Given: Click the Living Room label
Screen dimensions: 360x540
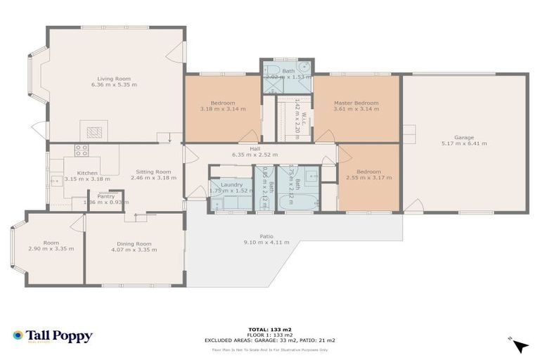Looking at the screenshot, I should point(114,78).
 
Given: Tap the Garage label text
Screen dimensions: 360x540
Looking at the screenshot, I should point(463,137).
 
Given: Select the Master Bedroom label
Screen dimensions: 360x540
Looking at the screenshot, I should point(356,103).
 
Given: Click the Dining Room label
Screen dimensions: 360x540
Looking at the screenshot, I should point(134,243).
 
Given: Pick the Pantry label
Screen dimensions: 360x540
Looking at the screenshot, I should point(105,196).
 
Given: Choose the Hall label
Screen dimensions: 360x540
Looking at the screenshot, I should point(255,148).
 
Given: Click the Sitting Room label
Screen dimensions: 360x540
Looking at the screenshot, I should point(153,172).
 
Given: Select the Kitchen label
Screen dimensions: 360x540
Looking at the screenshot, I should point(87,172).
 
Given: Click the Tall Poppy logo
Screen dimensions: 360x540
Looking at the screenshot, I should point(53,336).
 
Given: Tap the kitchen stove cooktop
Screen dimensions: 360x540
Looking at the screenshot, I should point(81,150).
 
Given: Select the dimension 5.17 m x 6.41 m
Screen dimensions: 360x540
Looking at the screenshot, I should point(463,143).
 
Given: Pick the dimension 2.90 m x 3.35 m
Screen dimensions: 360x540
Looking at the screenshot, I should point(51,249).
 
